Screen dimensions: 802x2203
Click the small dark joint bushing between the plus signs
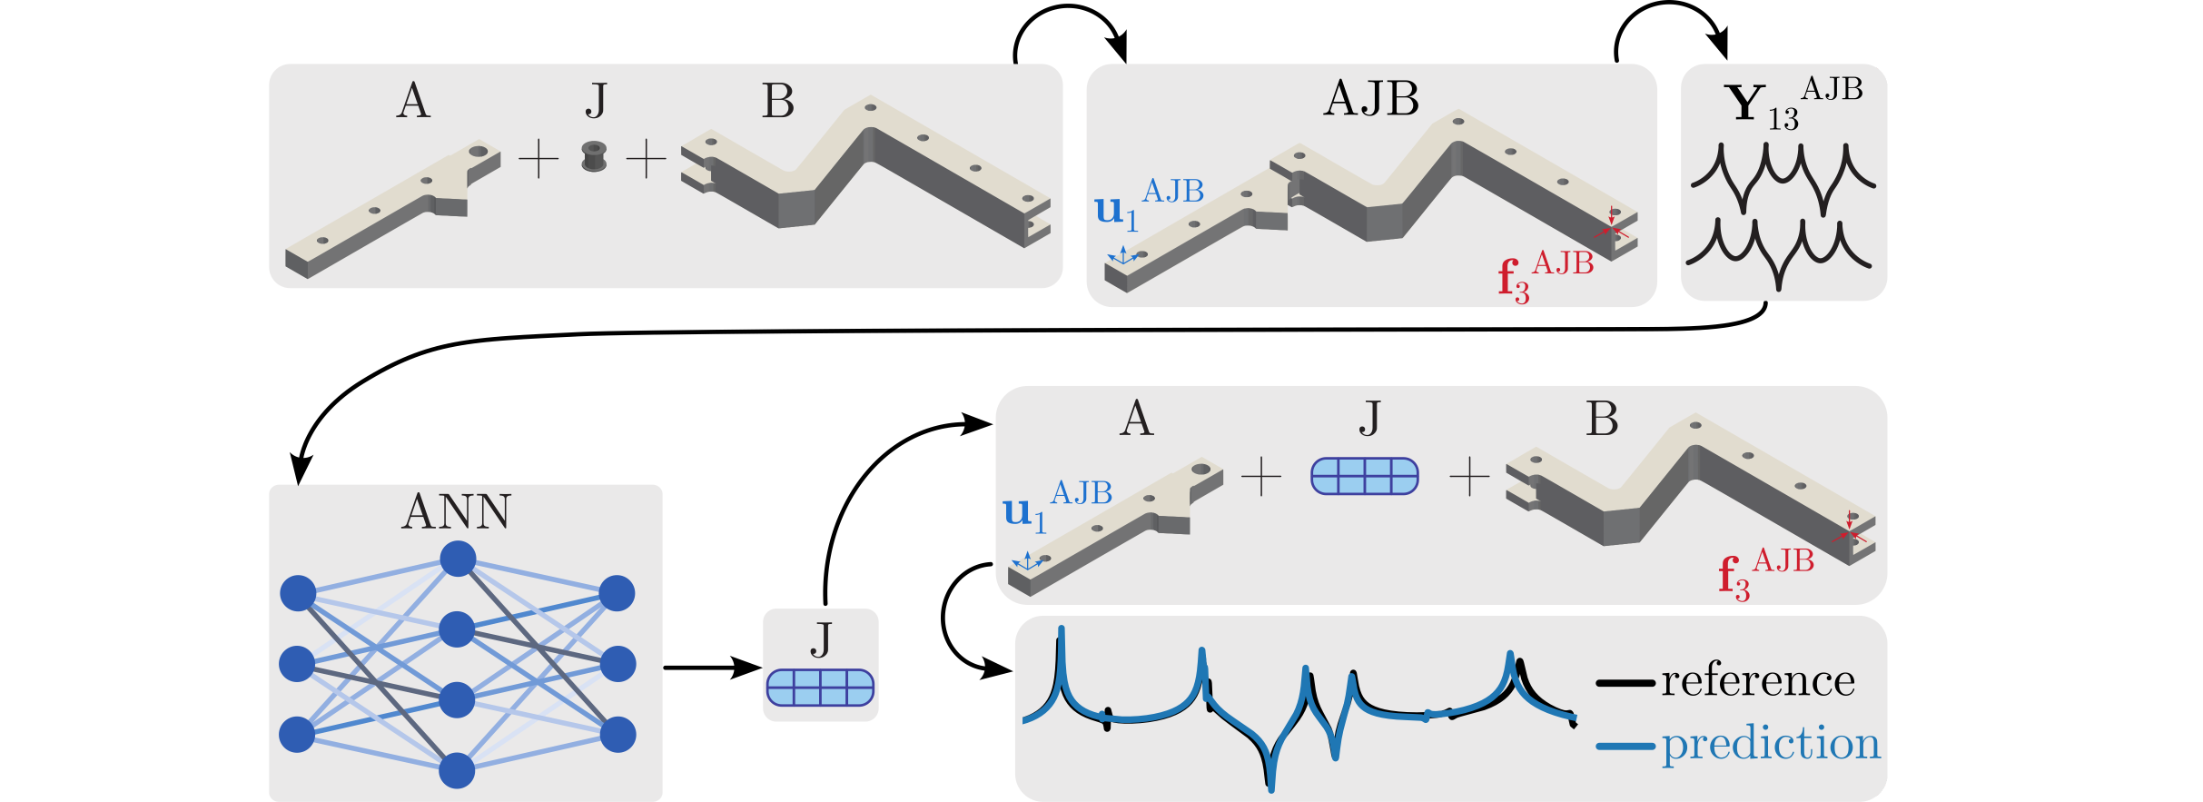point(594,156)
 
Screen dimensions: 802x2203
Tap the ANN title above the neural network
point(457,511)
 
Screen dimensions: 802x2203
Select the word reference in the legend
point(1758,681)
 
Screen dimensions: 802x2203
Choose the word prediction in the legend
point(1771,744)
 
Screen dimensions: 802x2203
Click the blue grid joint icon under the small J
point(820,688)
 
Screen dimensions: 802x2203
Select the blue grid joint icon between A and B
point(1364,476)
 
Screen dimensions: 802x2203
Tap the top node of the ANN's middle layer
point(458,559)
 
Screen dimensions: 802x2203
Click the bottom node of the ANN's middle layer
point(457,770)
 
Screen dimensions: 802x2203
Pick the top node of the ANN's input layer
point(298,593)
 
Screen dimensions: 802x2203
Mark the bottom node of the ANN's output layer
point(617,734)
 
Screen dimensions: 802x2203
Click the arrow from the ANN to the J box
point(712,668)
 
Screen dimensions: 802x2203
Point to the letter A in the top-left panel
point(413,101)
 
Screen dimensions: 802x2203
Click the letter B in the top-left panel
point(777,101)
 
